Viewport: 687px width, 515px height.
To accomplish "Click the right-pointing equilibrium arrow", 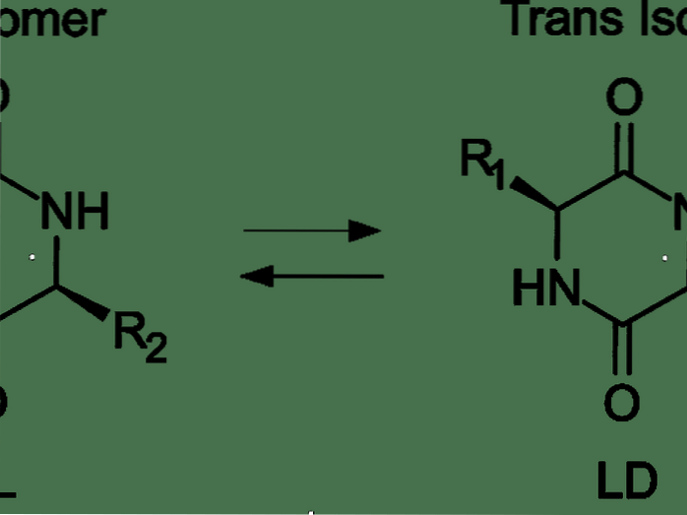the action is [311, 231].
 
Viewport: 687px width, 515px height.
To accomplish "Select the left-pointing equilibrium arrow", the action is [311, 277].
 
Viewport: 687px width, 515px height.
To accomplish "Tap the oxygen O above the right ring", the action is [624, 98].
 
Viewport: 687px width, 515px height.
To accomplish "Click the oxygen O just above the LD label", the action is [622, 402].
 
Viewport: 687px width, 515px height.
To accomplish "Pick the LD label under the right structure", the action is [626, 482].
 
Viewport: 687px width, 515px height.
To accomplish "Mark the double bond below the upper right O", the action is [624, 149].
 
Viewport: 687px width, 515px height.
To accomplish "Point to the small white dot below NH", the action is [32, 257].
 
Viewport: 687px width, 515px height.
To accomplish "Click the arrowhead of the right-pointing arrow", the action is [366, 231].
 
